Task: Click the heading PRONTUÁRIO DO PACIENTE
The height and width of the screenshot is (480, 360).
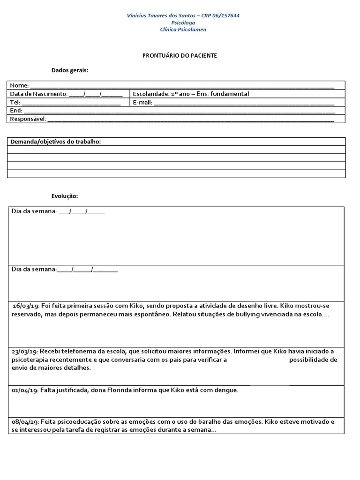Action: coord(180,55)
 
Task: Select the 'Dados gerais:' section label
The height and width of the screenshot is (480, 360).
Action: coord(70,70)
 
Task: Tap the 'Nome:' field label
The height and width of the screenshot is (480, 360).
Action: coord(19,85)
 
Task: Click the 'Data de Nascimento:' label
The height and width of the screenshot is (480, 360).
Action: coord(39,94)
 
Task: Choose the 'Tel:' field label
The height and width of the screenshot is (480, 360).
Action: coord(15,102)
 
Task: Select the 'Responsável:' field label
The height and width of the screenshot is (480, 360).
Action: coord(28,119)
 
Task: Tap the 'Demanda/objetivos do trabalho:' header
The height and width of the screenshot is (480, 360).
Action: coord(56,142)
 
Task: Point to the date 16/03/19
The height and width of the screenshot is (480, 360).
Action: coord(26,306)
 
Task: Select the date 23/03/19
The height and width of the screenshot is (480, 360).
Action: coord(24,351)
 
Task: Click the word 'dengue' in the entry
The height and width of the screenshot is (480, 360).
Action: coord(227,390)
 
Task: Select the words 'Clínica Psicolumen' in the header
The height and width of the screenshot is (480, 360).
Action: coord(183,30)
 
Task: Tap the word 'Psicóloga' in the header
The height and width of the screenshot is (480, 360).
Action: coord(183,22)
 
